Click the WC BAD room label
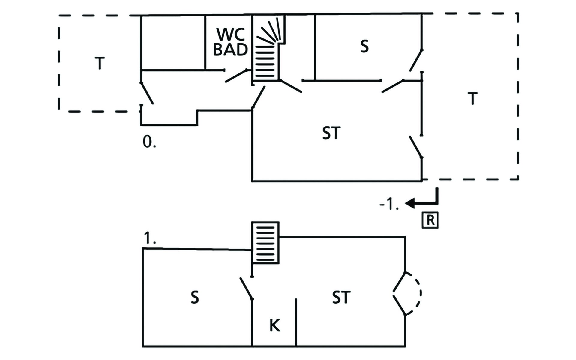click(x=230, y=42)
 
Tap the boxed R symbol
click(x=430, y=220)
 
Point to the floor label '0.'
click(x=149, y=142)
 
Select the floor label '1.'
click(x=150, y=238)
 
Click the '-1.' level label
click(x=389, y=204)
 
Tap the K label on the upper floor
click(x=275, y=325)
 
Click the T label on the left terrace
click(x=100, y=63)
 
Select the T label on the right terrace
click(x=472, y=98)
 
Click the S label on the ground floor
click(x=364, y=46)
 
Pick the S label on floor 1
click(x=195, y=297)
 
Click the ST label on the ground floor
click(x=331, y=133)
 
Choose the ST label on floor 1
click(x=341, y=297)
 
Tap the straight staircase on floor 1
click(x=265, y=243)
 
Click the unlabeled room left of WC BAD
click(x=173, y=43)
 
